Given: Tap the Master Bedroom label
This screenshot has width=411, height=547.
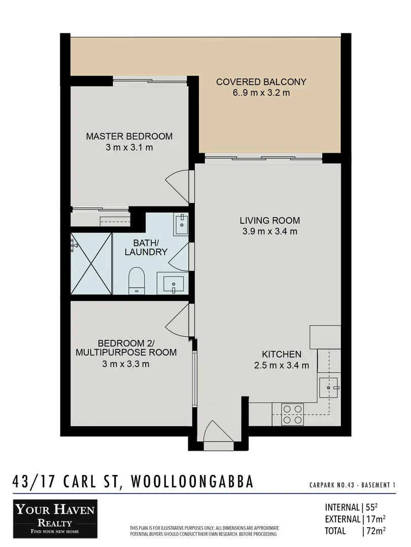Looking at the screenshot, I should (129, 136).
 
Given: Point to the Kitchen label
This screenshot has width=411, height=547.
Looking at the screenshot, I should (282, 355).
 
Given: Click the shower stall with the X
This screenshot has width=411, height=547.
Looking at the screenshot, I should (91, 263).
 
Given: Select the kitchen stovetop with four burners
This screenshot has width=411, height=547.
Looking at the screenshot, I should (292, 413).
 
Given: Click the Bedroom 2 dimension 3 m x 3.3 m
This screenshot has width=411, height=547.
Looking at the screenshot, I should (126, 364).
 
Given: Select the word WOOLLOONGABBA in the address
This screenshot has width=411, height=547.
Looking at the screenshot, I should (192, 482).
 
